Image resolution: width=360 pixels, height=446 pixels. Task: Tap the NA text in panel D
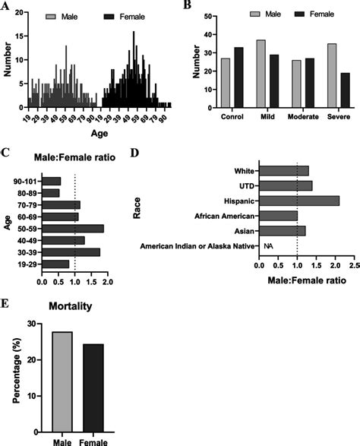(x=267, y=246)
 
